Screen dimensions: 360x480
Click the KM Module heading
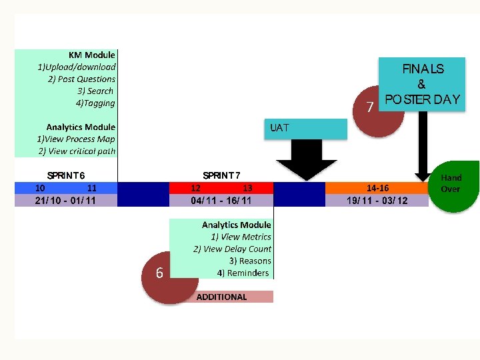(91, 55)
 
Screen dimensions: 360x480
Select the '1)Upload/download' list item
(76, 67)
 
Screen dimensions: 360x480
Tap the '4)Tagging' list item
(95, 103)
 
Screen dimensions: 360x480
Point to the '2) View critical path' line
(77, 151)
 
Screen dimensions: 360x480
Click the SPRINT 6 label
(65, 175)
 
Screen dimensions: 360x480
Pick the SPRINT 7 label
(221, 175)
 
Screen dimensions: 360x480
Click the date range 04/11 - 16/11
(221, 200)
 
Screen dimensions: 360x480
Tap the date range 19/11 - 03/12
(377, 200)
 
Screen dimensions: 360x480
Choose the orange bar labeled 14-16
(377, 188)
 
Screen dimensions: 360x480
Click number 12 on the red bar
(196, 188)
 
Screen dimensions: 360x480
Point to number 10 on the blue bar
(41, 188)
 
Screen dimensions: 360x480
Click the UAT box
(307, 129)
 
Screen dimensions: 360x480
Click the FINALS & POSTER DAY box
(421, 85)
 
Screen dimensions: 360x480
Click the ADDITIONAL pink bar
(221, 297)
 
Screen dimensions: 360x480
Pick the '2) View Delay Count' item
(232, 249)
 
